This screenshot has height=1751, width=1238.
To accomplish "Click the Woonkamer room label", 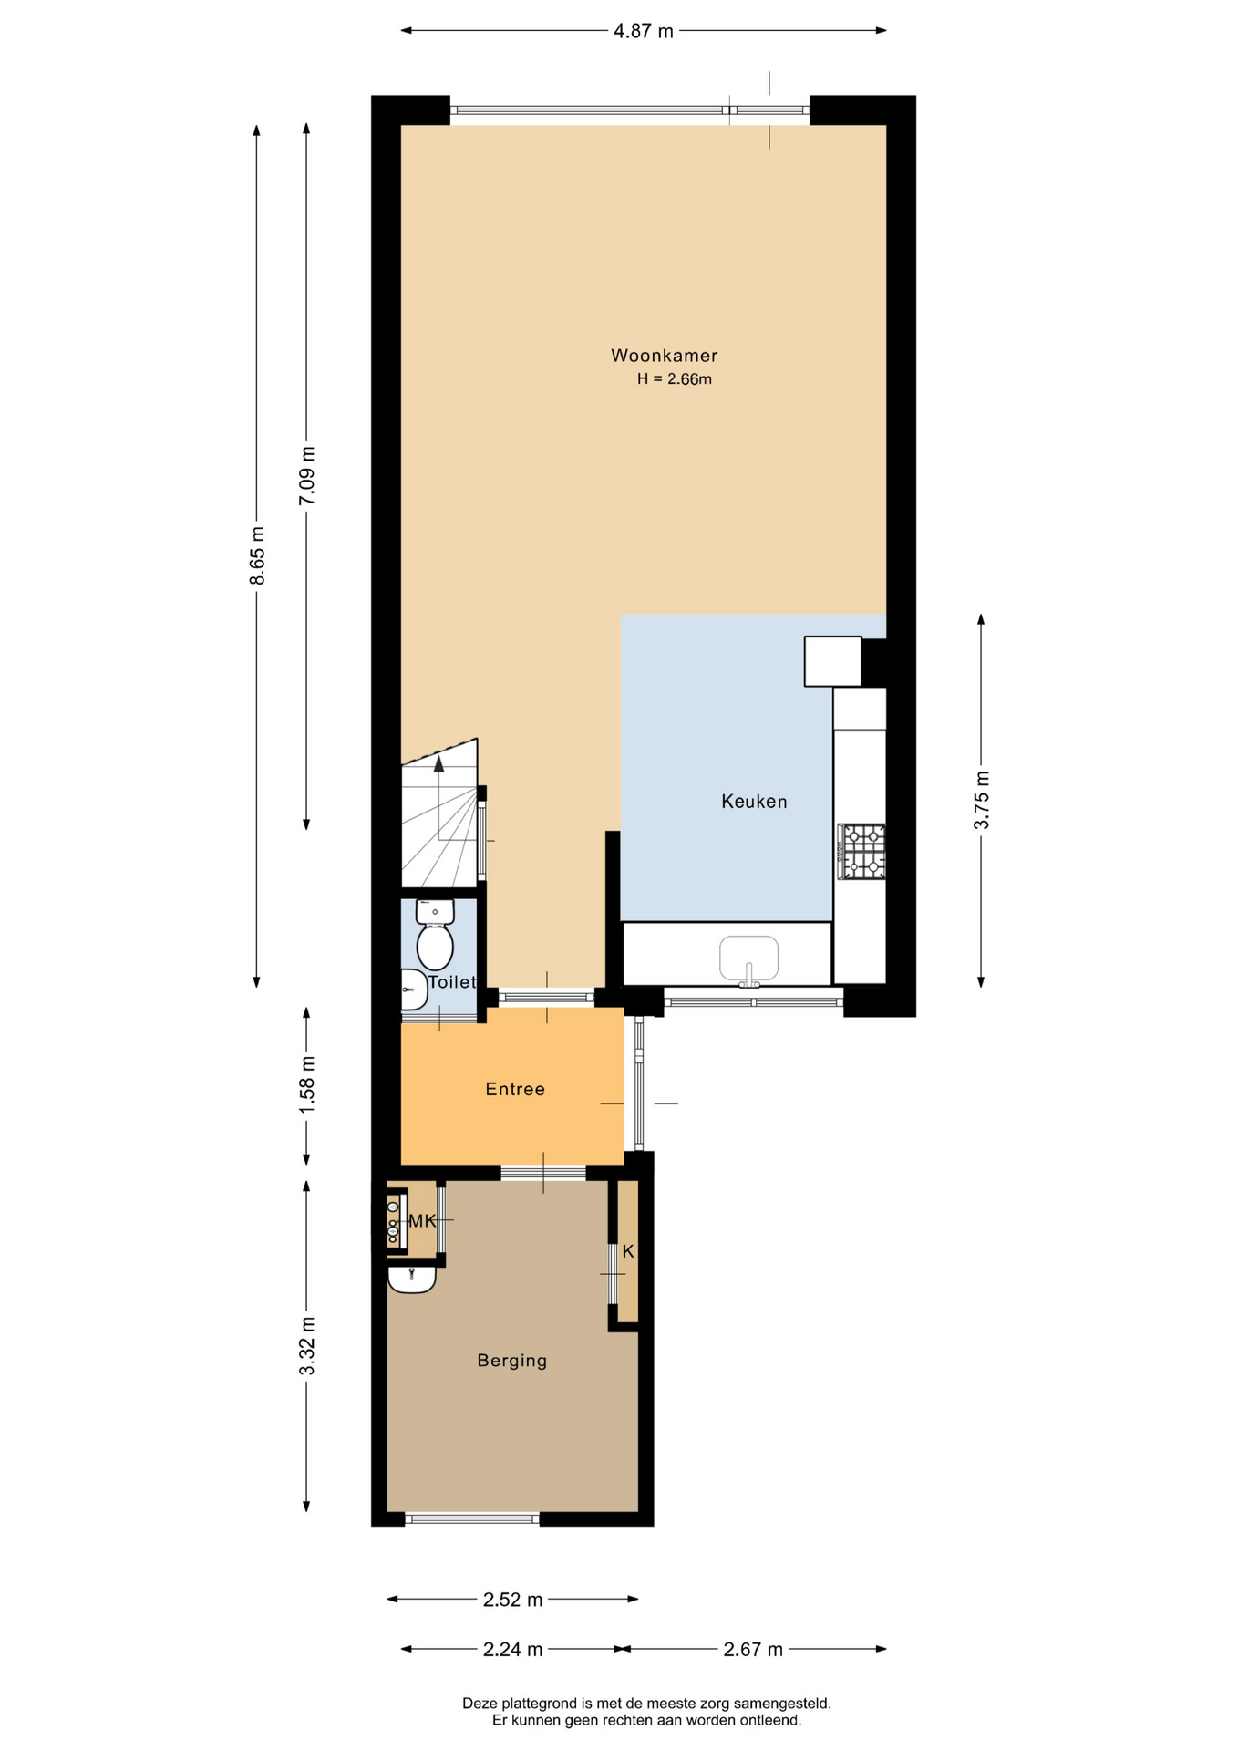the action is click(x=664, y=356).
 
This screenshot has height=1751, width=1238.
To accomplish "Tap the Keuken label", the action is click(x=754, y=802).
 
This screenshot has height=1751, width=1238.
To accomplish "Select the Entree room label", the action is click(x=515, y=1089).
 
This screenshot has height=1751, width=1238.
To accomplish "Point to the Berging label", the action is click(x=512, y=1361).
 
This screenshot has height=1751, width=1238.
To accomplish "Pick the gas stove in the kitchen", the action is click(x=861, y=852).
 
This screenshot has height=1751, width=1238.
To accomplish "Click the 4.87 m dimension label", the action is click(x=644, y=31).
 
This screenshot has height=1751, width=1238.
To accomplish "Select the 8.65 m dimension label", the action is click(x=257, y=555).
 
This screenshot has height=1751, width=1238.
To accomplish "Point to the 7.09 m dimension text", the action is click(x=307, y=475).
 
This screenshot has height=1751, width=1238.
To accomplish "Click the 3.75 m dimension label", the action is click(x=982, y=800).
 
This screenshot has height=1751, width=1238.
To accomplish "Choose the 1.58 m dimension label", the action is click(x=307, y=1083).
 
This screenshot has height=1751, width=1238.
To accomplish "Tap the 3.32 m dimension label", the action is click(x=307, y=1346).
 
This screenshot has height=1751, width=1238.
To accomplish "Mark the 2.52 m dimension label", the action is click(x=512, y=1599).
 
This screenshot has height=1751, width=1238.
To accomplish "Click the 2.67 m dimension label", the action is click(x=753, y=1649).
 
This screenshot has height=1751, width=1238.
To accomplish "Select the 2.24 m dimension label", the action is click(x=512, y=1649).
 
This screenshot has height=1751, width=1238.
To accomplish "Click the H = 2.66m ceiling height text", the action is click(x=675, y=379).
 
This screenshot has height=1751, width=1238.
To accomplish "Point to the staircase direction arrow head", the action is click(x=439, y=764).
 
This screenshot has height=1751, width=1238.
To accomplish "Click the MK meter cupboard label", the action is click(x=422, y=1221).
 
